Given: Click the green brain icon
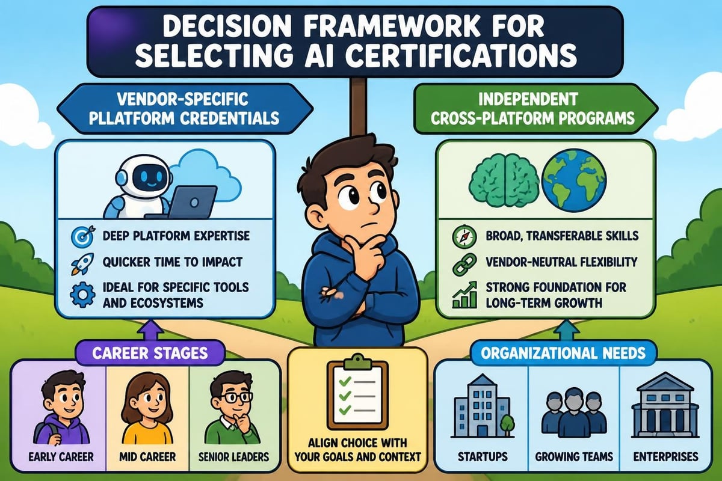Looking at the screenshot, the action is click(504, 182).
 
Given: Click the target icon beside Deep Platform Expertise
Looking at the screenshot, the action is click(83, 236).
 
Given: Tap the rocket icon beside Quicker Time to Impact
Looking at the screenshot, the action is click(82, 264).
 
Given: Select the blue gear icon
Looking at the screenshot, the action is click(82, 295).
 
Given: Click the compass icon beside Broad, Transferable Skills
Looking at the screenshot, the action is click(464, 236).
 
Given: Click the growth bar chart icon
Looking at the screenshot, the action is click(464, 295).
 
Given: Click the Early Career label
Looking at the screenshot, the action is click(61, 456).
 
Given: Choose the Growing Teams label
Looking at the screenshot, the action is click(574, 456).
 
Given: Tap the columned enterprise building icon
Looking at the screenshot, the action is click(665, 405).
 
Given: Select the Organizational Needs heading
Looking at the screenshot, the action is click(563, 354).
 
